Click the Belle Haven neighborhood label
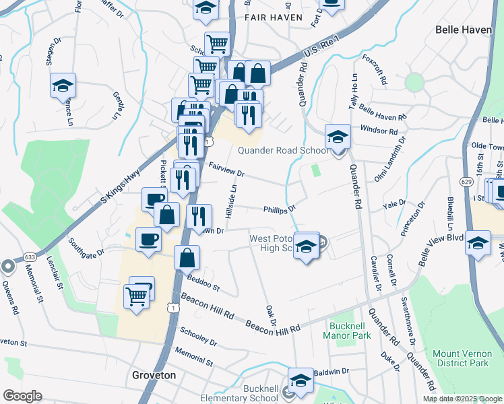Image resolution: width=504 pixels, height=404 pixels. pyautogui.click(x=464, y=30)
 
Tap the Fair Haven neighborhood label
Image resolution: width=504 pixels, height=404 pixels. pyautogui.click(x=274, y=17)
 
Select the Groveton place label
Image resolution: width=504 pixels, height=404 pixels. pyautogui.click(x=154, y=375)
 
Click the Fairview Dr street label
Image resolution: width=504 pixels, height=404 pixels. pyautogui.click(x=226, y=169)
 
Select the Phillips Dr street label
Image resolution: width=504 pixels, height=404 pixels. pyautogui.click(x=280, y=209)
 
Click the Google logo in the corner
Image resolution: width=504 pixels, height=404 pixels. pyautogui.click(x=22, y=396)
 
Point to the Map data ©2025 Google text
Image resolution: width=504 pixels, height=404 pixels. pyautogui.click(x=463, y=399)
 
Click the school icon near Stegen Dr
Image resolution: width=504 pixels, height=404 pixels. pyautogui.click(x=63, y=86)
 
